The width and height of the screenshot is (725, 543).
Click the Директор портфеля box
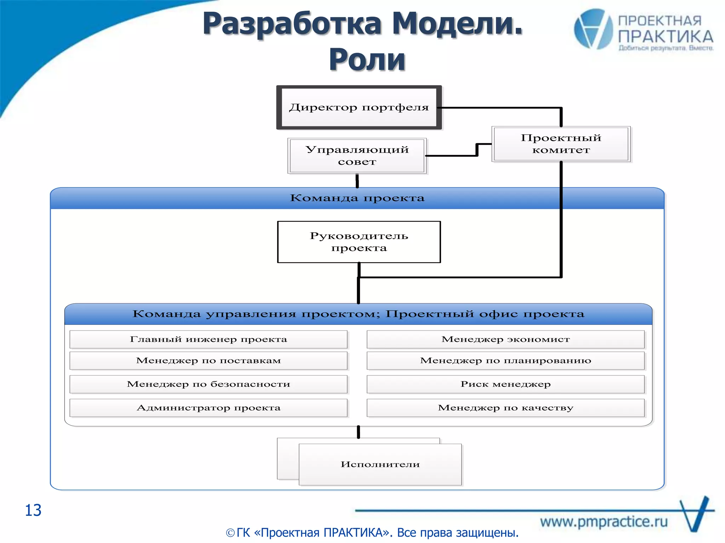[359, 107]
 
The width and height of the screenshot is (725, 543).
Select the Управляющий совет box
[357, 156]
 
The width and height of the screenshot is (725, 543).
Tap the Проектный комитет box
[561, 144]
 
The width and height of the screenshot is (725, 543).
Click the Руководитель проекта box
[359, 242]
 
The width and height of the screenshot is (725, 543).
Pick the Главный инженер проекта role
[209, 339]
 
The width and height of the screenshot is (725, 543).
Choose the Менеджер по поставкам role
[209, 361]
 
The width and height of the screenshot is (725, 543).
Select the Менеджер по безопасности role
[209, 384]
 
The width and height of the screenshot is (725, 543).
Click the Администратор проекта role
[209, 408]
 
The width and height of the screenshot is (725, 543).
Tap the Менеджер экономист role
[506, 339]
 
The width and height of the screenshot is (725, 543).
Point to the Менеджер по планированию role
[506, 361]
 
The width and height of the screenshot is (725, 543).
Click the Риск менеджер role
[506, 384]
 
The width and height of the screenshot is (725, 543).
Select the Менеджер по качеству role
[506, 408]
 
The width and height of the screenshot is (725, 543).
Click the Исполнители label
[380, 465]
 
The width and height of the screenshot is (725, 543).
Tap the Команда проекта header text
[357, 198]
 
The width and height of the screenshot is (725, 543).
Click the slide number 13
[33, 510]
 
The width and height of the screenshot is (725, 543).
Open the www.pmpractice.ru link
[604, 522]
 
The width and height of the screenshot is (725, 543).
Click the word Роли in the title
[367, 59]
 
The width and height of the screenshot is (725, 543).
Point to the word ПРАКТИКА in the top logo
[666, 37]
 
